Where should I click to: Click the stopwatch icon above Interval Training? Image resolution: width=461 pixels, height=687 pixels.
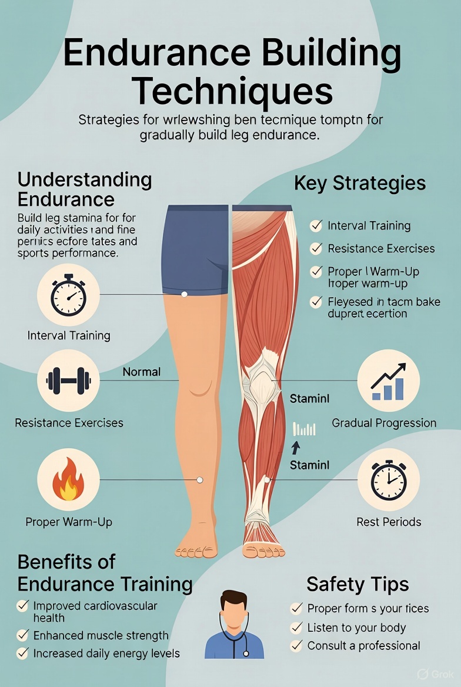[x=68, y=295]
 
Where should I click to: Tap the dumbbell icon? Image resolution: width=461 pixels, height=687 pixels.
[x=68, y=381]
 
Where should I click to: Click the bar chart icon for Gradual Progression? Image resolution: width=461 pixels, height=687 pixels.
[x=388, y=381]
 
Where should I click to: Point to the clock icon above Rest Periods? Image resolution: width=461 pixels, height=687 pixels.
[x=388, y=479]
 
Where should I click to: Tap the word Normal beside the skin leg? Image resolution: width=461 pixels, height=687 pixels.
[x=142, y=372]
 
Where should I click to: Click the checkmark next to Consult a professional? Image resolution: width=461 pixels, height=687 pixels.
[x=297, y=646]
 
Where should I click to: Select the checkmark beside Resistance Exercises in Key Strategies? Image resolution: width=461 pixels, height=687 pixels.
[x=316, y=249]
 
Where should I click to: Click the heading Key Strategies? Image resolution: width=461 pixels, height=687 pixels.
[x=359, y=183]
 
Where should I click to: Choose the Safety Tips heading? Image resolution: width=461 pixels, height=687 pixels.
[x=358, y=585]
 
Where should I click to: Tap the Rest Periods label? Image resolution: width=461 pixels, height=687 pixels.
[x=389, y=522]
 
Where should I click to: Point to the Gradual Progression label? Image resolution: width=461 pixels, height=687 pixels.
[x=384, y=423]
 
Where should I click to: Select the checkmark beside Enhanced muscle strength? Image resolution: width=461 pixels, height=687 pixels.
[x=23, y=635]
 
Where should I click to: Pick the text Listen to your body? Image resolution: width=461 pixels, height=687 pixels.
[x=356, y=628]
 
